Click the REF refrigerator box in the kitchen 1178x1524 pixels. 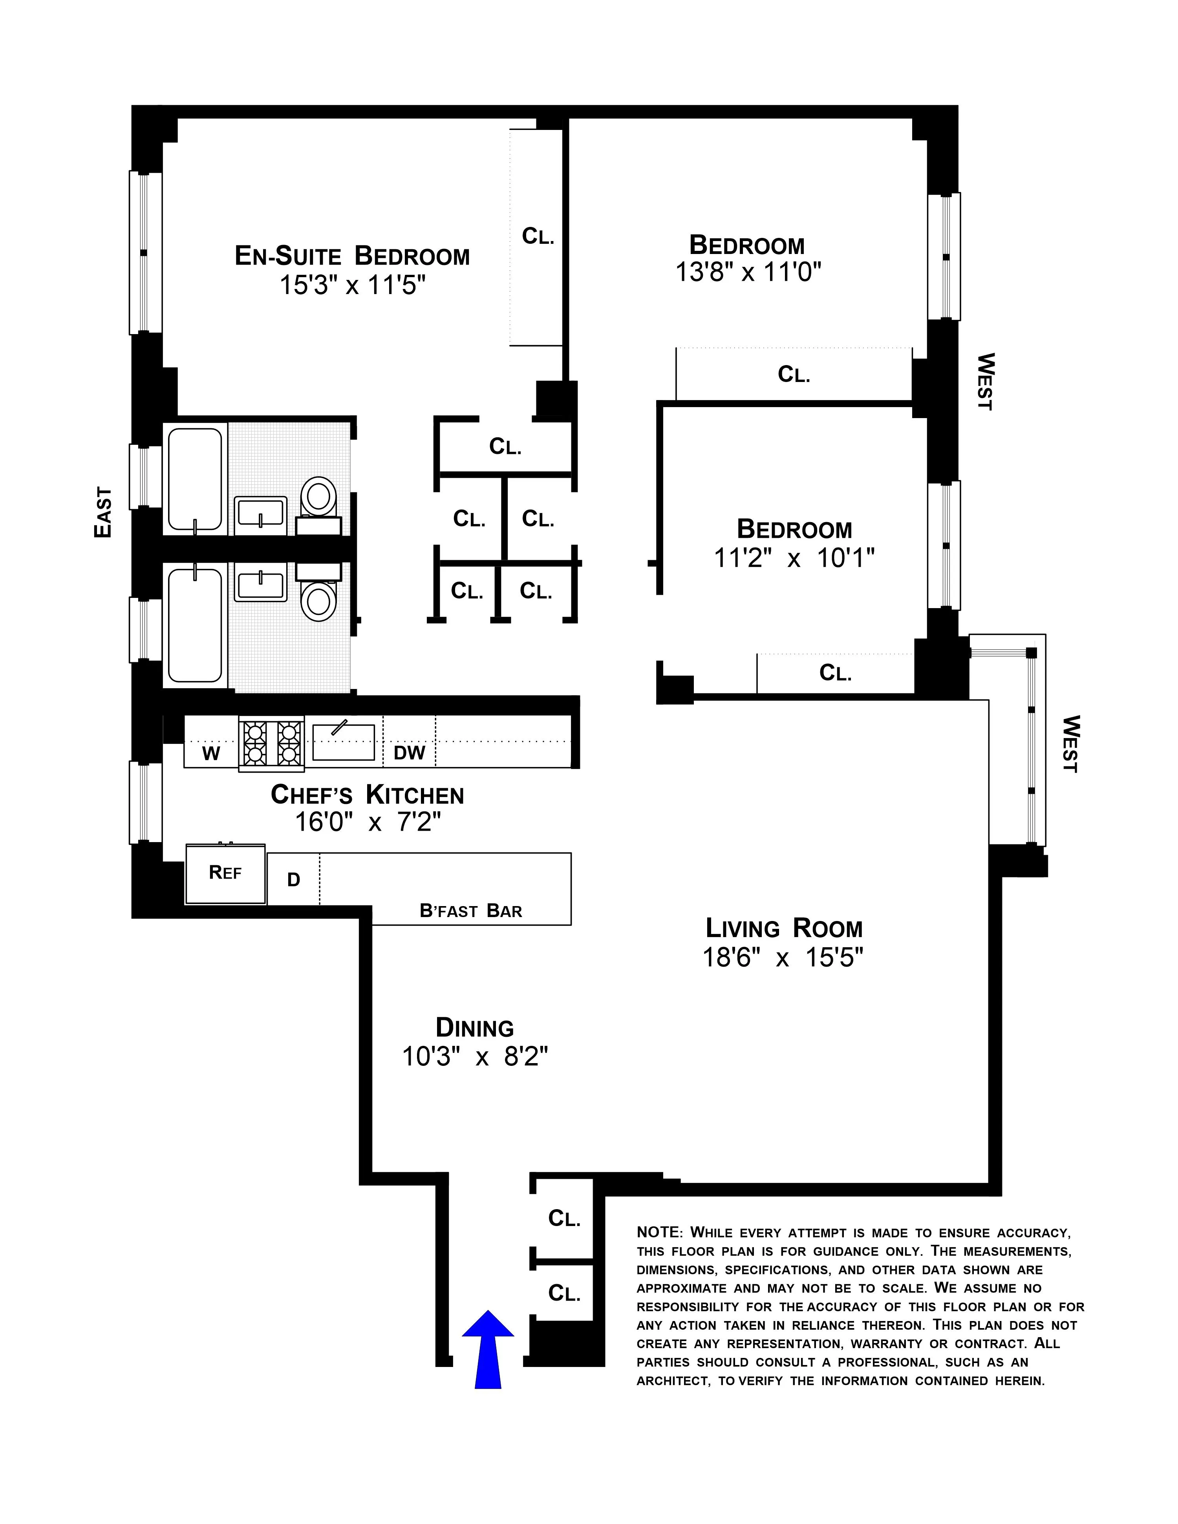coord(225,873)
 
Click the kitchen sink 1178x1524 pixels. coord(343,742)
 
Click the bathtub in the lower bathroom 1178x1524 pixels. coord(196,625)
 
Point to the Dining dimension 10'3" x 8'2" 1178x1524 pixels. coord(475,1057)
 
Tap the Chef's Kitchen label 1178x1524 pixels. coord(367,795)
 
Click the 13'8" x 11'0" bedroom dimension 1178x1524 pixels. coord(747,271)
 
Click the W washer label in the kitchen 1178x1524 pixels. coord(211,754)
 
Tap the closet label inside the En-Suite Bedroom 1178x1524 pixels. coord(537,237)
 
